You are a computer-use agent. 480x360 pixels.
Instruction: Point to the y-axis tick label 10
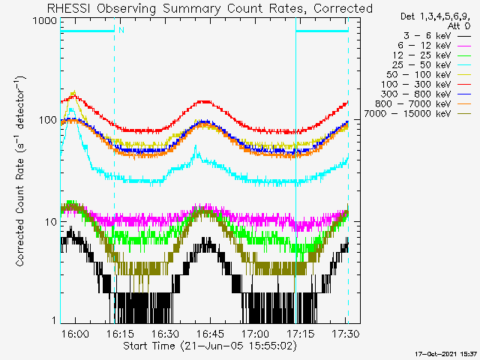(x=52, y=222)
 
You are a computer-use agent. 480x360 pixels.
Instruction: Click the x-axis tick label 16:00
(x=75, y=333)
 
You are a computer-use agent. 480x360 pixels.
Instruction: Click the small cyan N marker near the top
(x=121, y=31)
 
